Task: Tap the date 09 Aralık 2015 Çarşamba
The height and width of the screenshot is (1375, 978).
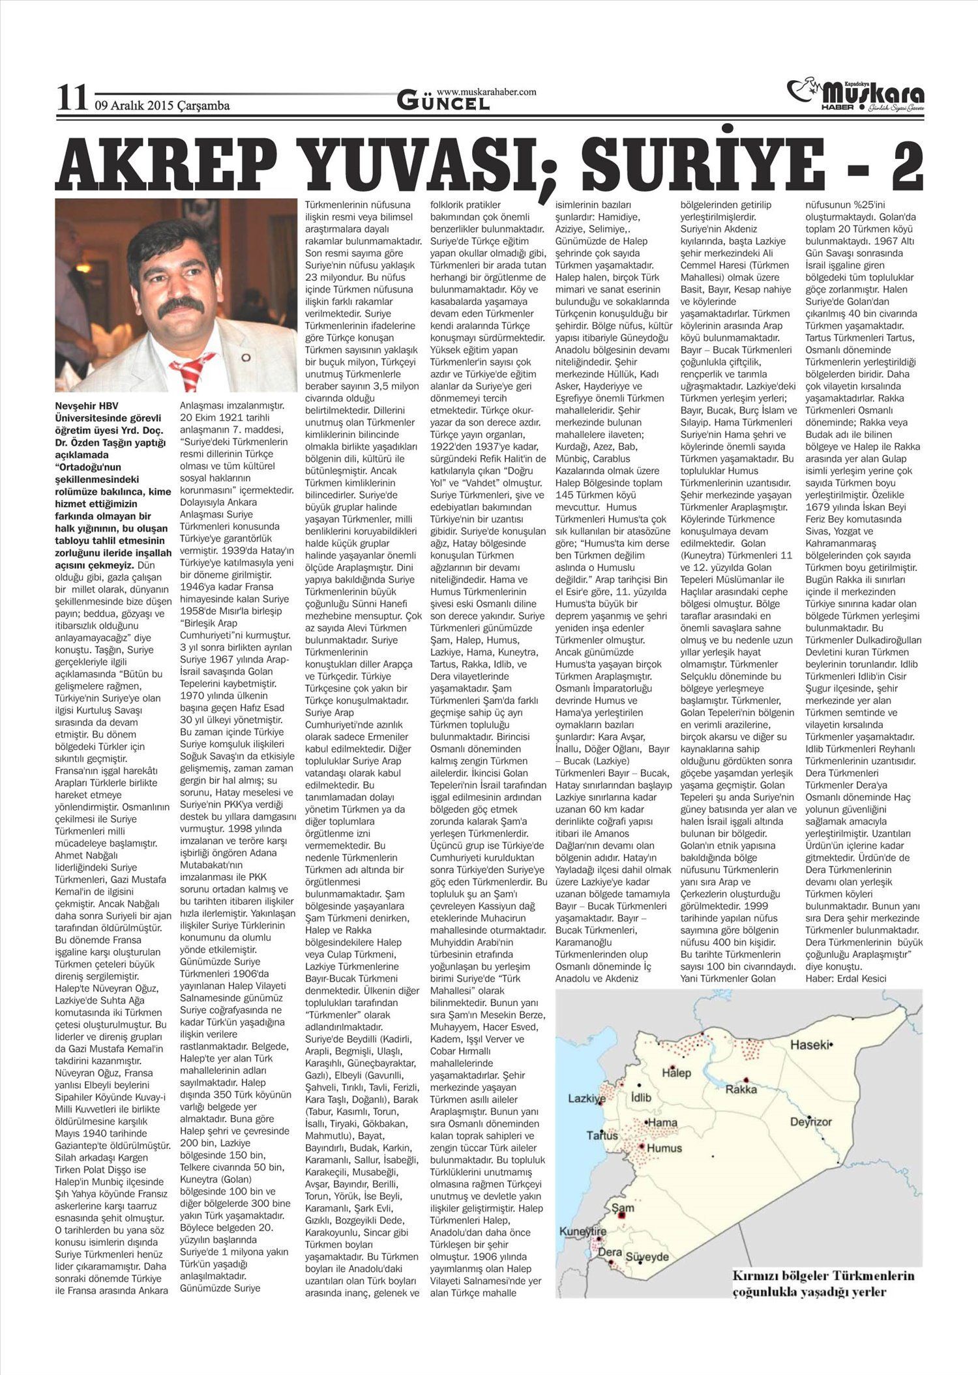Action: click(162, 105)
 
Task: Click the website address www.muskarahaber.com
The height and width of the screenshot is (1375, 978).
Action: click(486, 92)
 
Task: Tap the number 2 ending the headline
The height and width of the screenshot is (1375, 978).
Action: click(904, 162)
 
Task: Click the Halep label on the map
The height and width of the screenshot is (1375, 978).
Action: click(676, 1072)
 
